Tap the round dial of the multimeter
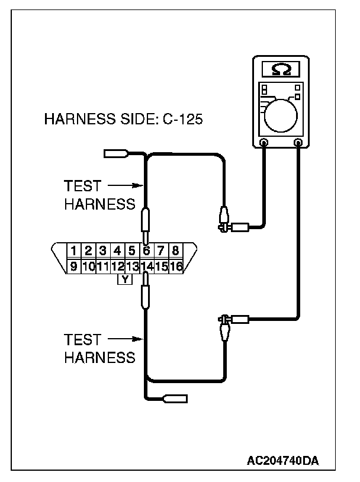click(x=282, y=114)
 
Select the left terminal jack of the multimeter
click(x=263, y=142)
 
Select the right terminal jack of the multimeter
click(x=298, y=142)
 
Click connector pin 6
click(x=146, y=250)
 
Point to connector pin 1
click(x=74, y=250)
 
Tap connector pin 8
click(x=175, y=250)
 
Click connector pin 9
click(x=74, y=266)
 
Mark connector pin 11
click(x=102, y=266)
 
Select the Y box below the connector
click(x=124, y=279)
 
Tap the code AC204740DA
click(x=286, y=459)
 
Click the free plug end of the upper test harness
click(x=116, y=155)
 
